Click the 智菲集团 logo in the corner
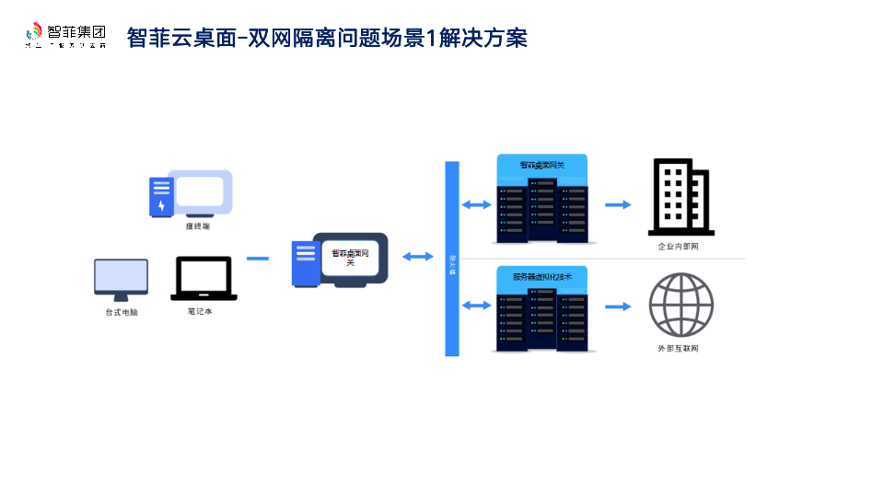point(65,35)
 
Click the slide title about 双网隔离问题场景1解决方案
point(327,38)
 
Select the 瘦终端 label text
point(198,225)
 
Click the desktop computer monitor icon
point(121,280)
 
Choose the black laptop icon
point(204,279)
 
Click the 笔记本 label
point(200,311)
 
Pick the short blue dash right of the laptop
point(258,259)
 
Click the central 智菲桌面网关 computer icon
point(340,260)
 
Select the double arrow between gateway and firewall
point(417,257)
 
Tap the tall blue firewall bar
point(452,259)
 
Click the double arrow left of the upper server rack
point(477,204)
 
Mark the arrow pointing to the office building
point(618,204)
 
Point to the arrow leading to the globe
point(618,306)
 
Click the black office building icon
point(680,197)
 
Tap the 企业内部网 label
point(678,247)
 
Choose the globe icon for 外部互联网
point(680,306)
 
